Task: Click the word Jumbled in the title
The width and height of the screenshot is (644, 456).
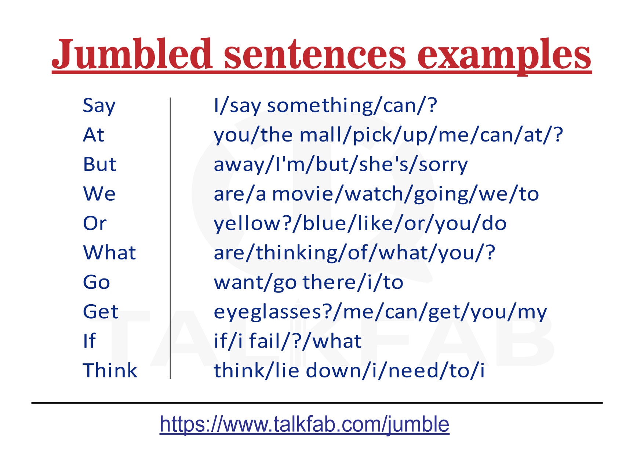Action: (x=132, y=55)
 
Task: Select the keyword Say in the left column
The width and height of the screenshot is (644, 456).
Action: (x=99, y=106)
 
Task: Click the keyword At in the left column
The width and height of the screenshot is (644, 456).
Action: (x=94, y=135)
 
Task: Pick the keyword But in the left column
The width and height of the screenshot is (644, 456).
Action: (x=99, y=164)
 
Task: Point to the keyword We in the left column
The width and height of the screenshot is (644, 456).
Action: (x=99, y=194)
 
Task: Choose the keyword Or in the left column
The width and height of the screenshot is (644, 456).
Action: (x=95, y=223)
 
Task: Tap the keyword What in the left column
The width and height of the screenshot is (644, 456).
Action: (x=109, y=253)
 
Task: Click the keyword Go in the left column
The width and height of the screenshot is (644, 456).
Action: (x=97, y=282)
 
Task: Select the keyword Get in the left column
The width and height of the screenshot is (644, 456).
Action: (x=101, y=312)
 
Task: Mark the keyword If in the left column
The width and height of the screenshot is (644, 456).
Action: (x=89, y=341)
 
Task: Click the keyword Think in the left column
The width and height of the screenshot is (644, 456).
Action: (x=110, y=370)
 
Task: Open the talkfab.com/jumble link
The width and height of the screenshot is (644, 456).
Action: (x=304, y=425)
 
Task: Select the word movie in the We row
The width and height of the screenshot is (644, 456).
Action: (x=302, y=194)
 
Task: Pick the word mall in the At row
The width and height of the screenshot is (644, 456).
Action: (x=320, y=135)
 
